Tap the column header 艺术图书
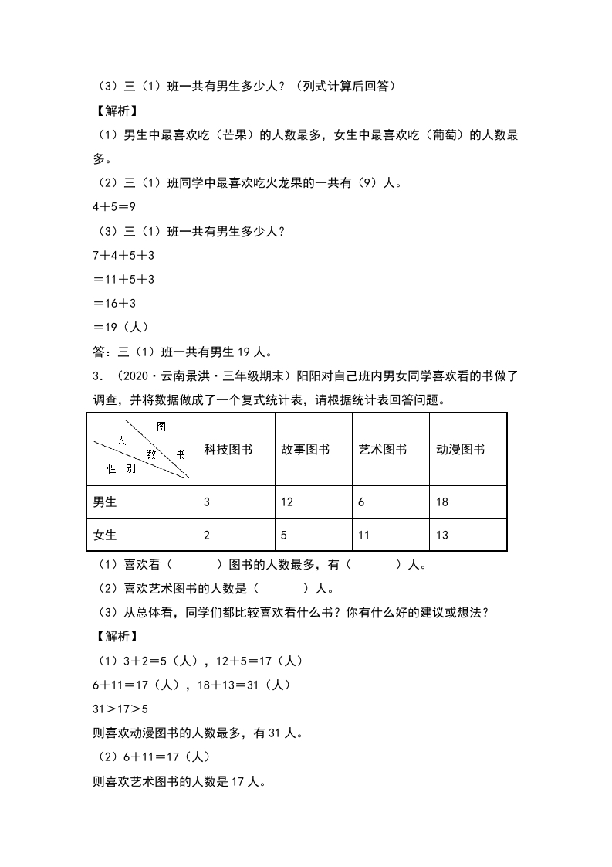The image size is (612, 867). tap(383, 450)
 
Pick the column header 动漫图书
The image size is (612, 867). tap(461, 450)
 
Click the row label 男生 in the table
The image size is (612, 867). tap(105, 502)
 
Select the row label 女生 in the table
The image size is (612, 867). tap(105, 535)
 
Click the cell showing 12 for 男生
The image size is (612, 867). tap(287, 502)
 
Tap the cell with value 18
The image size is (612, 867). tap(442, 502)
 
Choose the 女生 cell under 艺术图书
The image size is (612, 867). tap(365, 535)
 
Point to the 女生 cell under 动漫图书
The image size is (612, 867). tap(442, 535)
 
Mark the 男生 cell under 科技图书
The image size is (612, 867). tap(207, 502)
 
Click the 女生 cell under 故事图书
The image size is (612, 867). tap(285, 535)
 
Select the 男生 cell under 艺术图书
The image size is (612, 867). tap(362, 502)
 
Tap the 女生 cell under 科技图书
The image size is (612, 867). tap(207, 535)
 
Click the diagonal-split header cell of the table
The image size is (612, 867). tap(141, 450)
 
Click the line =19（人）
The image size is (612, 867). tap(120, 328)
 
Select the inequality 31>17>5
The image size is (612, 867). tap(120, 709)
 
